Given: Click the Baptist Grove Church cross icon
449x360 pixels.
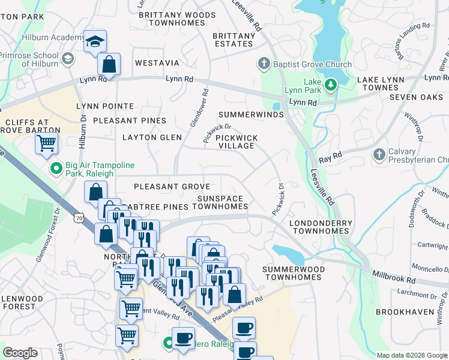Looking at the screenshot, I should point(263,64).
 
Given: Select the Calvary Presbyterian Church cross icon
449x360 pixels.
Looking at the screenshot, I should point(378,155).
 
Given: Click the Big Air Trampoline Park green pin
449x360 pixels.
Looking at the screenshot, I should point(56,170).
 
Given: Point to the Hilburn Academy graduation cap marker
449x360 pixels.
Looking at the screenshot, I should point(95,42).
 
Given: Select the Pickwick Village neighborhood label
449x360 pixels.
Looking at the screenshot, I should point(237,142).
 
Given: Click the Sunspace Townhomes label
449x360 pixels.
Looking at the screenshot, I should point(220,202).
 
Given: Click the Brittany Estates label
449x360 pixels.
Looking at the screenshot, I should point(234,40).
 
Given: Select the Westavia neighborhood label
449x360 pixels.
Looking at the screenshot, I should point(157,63).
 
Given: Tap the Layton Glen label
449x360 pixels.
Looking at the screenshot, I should point(152,137).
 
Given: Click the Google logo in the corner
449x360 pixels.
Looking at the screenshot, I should point(20,353).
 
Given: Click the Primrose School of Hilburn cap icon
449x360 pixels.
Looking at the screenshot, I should point(68,59).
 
